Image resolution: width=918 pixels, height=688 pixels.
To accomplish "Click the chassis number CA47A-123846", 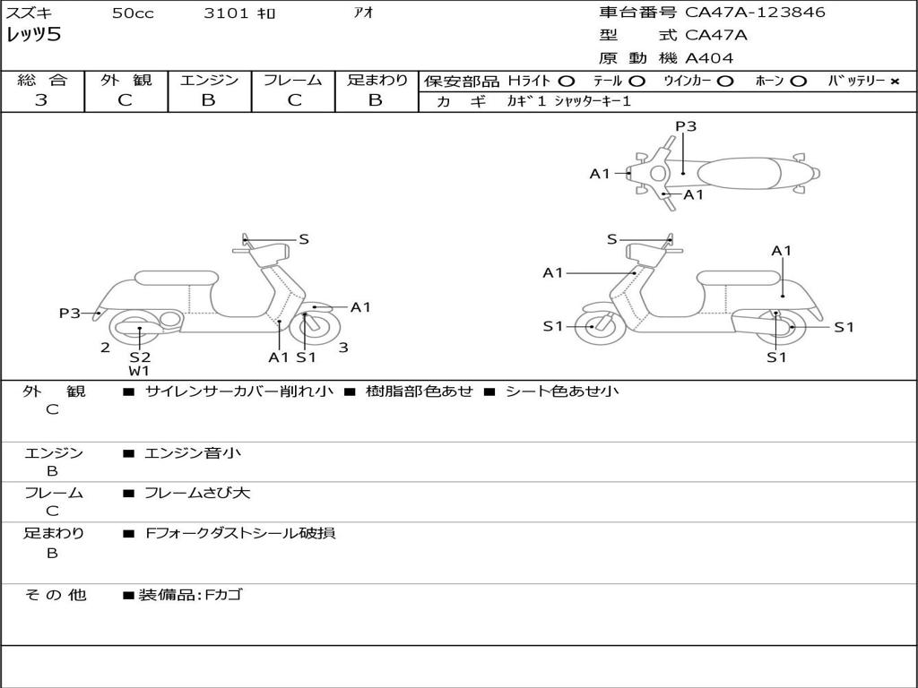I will pos(755,13).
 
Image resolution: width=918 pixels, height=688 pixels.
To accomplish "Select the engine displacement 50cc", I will pos(133,13).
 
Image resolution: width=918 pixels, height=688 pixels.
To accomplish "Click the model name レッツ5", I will pos(33,36).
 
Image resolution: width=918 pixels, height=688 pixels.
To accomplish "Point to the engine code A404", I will pos(709,58).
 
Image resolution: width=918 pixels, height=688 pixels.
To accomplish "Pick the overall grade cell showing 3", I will pos(41,100).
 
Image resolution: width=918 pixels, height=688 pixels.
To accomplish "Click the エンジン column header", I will pos(209,81).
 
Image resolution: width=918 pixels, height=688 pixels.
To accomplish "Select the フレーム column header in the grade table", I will pos(292,81).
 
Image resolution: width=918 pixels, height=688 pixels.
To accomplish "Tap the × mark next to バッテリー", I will pos(894,82).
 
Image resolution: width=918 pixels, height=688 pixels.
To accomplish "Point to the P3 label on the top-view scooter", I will pos(686,126).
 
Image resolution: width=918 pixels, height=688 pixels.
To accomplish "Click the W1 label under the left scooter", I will pos(139,370).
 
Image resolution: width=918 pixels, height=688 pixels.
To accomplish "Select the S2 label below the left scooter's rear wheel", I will pos(139,357).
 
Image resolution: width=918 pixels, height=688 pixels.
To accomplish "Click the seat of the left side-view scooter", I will pos(175,278).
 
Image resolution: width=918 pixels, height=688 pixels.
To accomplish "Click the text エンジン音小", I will pos(193,453).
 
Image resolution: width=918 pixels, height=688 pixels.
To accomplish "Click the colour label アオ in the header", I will pos(363,13).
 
